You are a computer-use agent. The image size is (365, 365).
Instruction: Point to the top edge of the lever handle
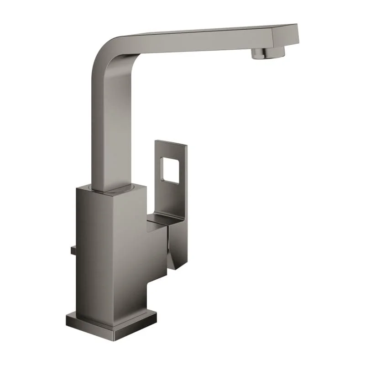171,143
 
